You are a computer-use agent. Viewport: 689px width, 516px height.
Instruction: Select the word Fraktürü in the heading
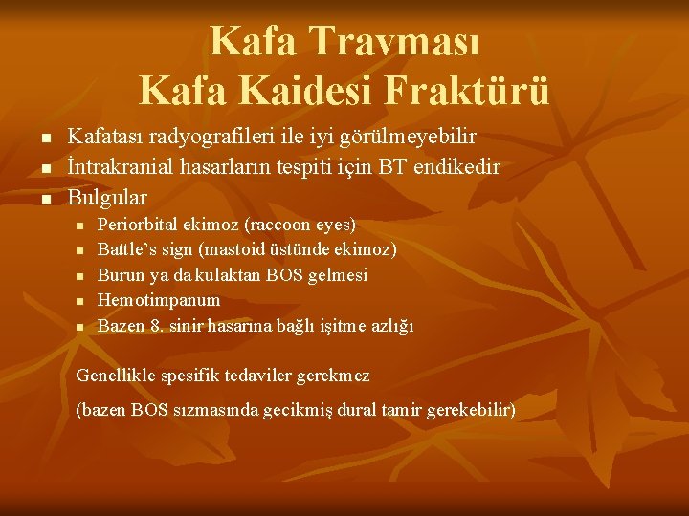click(x=468, y=91)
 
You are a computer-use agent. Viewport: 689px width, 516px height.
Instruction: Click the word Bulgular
click(x=107, y=198)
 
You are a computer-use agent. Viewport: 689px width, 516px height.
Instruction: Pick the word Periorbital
click(x=138, y=226)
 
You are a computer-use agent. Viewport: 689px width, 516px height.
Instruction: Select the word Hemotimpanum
click(x=159, y=300)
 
